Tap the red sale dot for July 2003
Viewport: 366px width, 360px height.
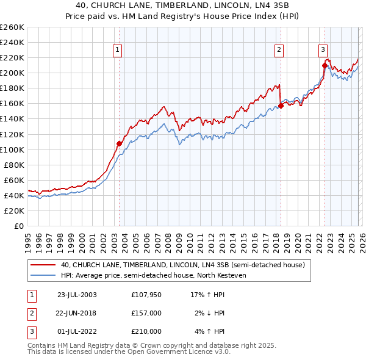coord(120,143)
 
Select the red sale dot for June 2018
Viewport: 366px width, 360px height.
coord(281,106)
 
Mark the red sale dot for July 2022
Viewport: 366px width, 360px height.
coord(325,65)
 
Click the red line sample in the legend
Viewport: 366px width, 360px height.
coord(43,265)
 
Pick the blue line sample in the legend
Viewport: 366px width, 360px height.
coord(43,275)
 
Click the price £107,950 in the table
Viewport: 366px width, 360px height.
coord(146,294)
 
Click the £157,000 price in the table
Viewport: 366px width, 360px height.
coord(146,313)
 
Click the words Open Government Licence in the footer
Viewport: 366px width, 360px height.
coord(182,352)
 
